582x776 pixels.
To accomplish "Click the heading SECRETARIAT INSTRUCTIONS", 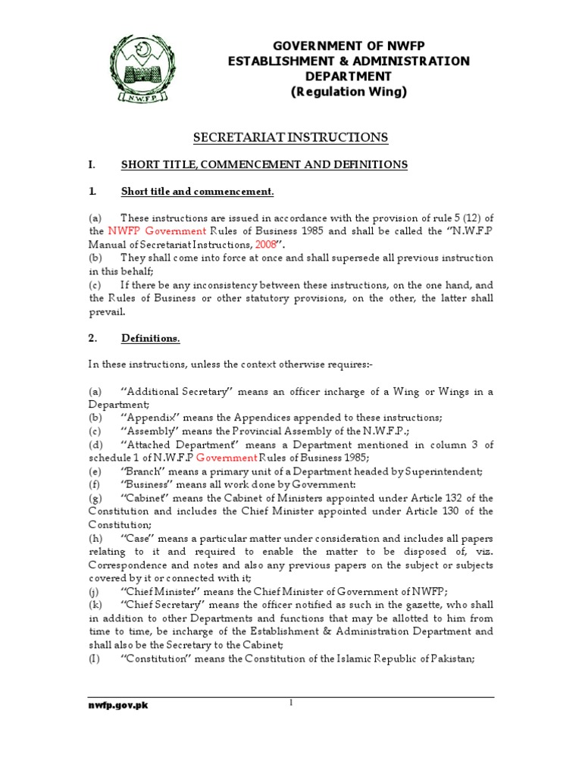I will pyautogui.click(x=290, y=137).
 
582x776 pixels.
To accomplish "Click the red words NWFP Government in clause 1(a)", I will pyautogui.click(x=157, y=231).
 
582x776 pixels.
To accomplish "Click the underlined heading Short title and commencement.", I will pyautogui.click(x=197, y=191).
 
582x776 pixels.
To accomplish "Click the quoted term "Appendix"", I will pyautogui.click(x=149, y=418).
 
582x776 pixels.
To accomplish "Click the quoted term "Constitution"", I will pyautogui.click(x=155, y=658).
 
